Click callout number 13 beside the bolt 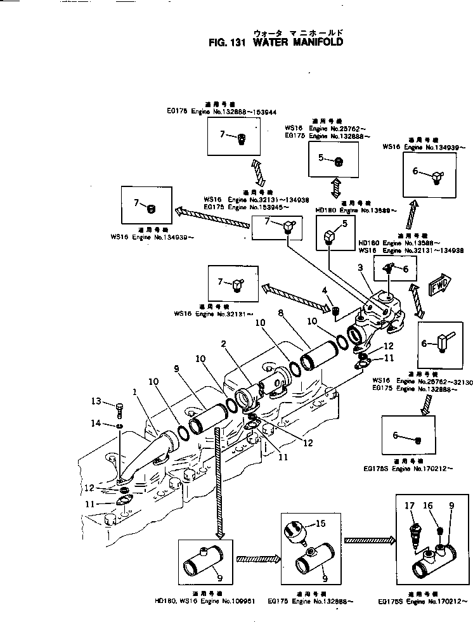96,401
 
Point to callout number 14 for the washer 96,423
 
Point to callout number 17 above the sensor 409,506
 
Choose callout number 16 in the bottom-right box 427,506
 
